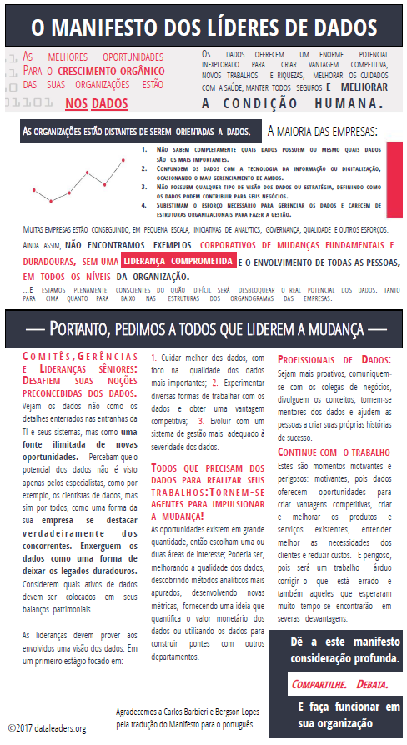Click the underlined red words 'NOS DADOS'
coord(97,104)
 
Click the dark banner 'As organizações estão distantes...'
coord(137,132)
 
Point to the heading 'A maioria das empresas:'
coord(322,132)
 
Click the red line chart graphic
coord(77,182)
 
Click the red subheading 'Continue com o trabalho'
coord(334,452)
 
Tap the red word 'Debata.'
coord(371,685)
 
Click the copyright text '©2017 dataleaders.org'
coord(48,728)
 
